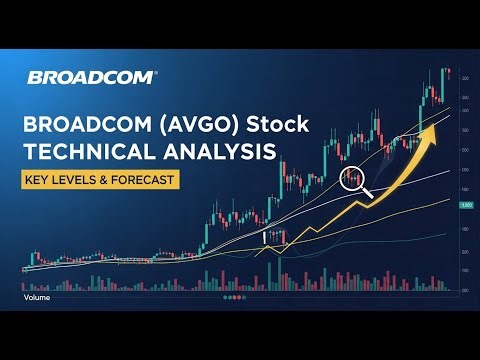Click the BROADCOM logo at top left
pos(92,77)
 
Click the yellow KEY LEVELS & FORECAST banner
pos(104,181)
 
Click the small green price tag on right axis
pos(465,205)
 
